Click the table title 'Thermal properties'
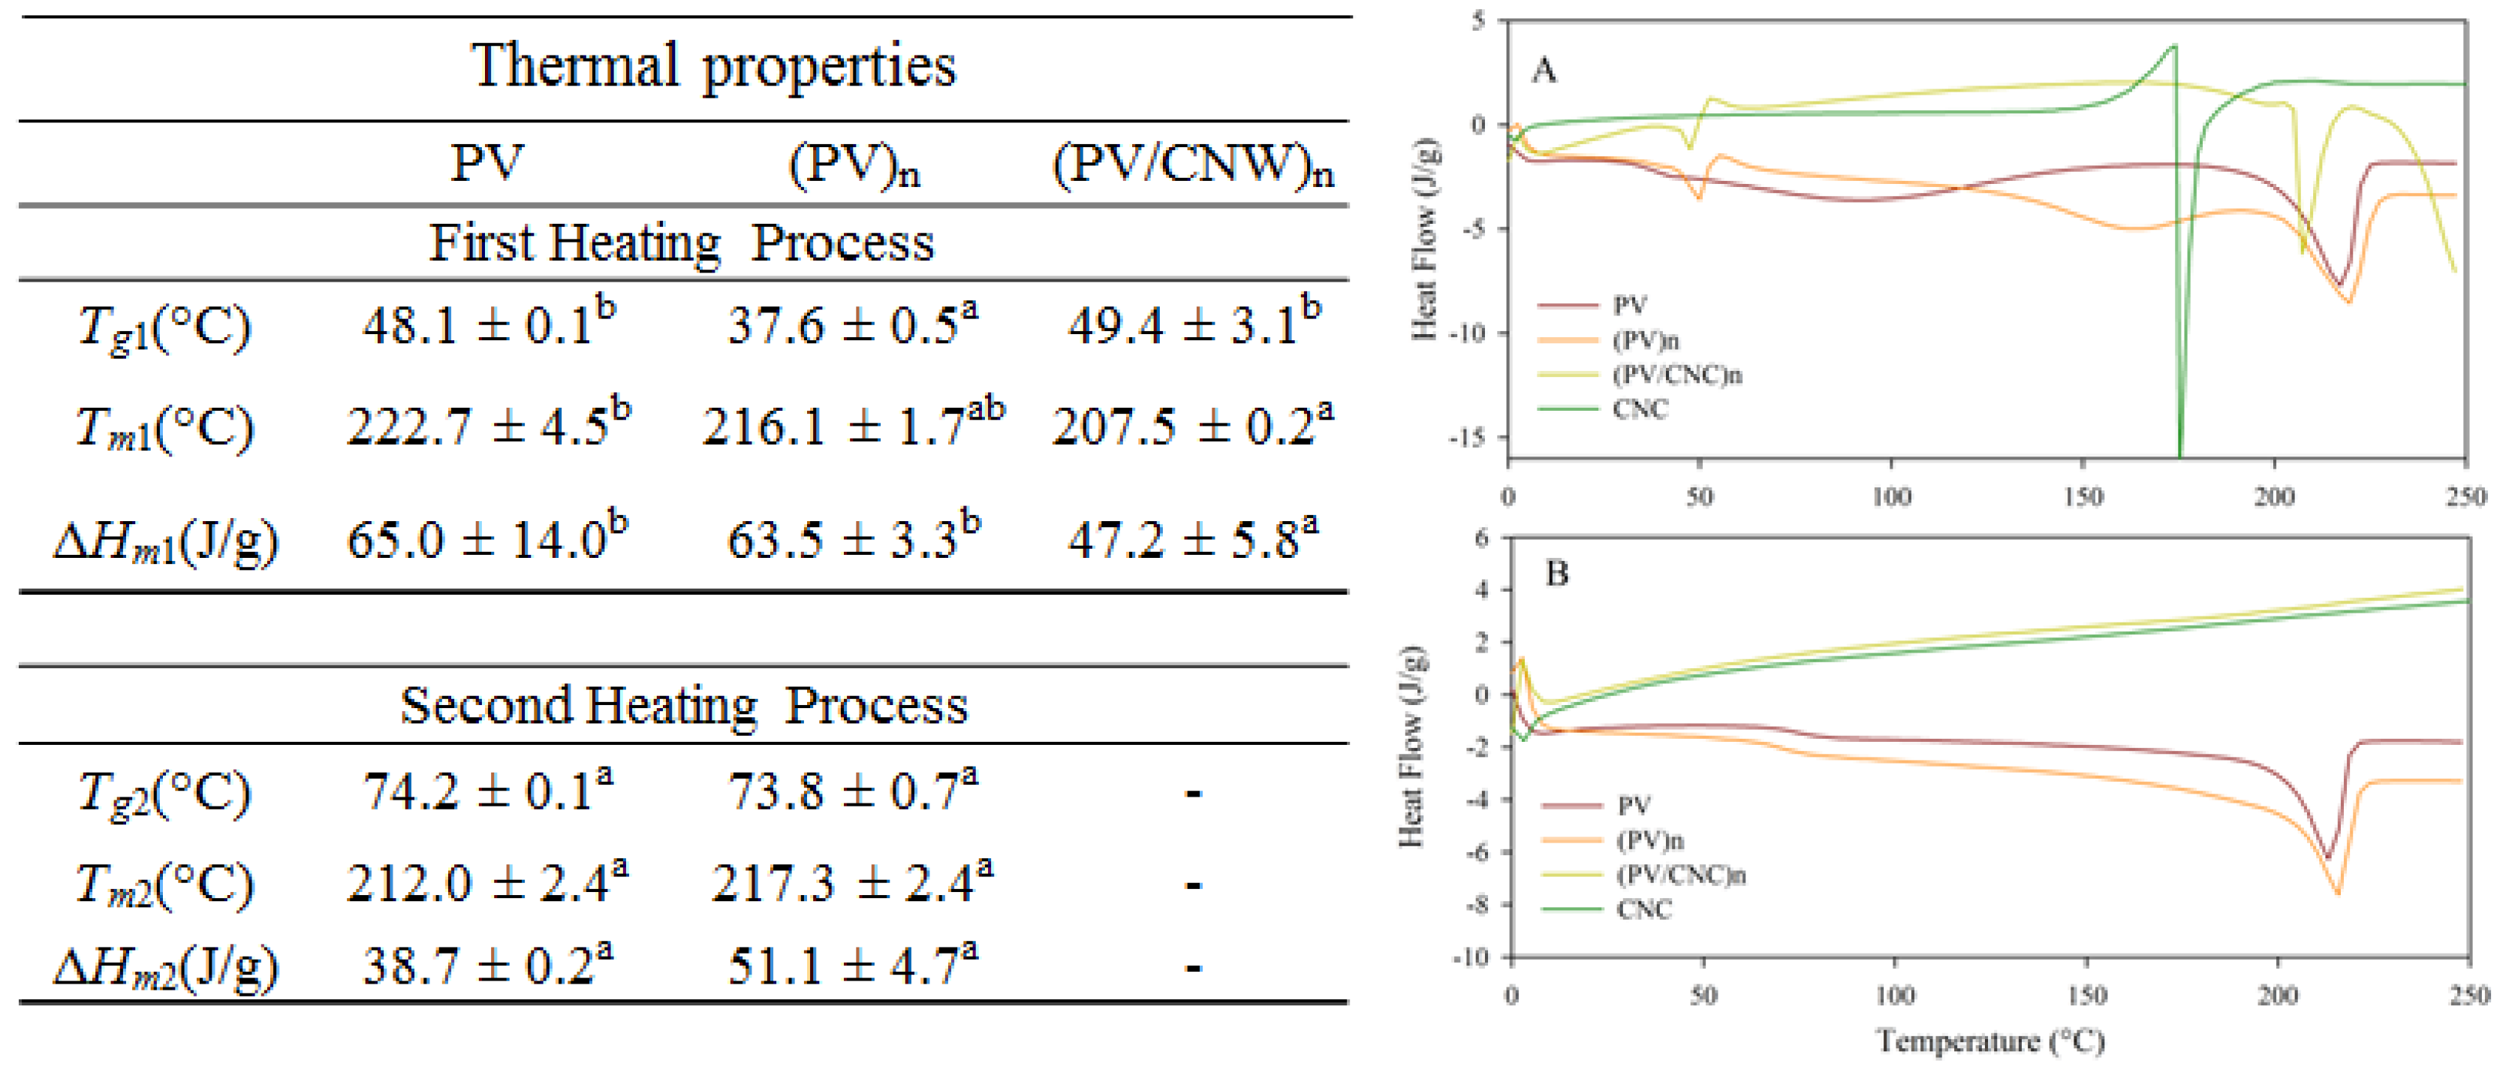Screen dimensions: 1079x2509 (713, 66)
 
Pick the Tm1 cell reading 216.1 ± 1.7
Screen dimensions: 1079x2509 (852, 426)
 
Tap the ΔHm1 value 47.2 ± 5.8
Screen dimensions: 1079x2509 (1192, 538)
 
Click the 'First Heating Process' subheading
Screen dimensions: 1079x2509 (682, 243)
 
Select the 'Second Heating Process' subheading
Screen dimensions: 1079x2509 (684, 705)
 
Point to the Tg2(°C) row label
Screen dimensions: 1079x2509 (164, 794)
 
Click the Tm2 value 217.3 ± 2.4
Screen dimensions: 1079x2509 (852, 883)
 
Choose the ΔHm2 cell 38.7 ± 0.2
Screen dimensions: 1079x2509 (487, 966)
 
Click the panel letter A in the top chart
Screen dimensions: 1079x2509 (1544, 71)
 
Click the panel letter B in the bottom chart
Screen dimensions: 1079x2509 (1556, 574)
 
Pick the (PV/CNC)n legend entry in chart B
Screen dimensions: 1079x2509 (1680, 876)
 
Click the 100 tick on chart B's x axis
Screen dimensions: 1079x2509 (1894, 995)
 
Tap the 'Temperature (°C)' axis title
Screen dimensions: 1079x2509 (1990, 1042)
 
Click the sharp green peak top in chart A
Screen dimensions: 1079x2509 (2175, 46)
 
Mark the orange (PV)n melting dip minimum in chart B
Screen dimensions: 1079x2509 (2338, 892)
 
